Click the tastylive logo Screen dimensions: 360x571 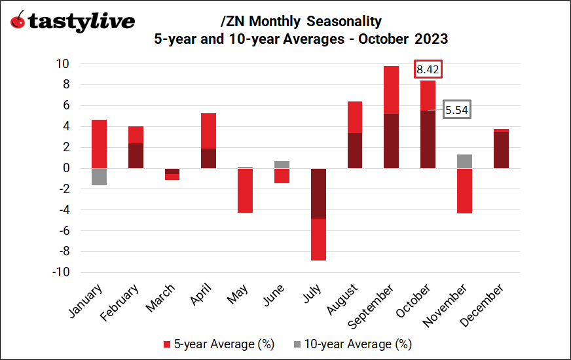tap(72, 21)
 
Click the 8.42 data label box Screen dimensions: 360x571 tap(430, 69)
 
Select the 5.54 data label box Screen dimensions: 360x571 tap(456, 110)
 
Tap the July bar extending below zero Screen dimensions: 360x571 tap(319, 214)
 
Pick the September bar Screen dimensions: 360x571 tap(391, 117)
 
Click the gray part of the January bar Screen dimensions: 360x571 tap(99, 177)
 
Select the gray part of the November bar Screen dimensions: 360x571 tap(464, 161)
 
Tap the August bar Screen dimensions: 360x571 tap(354, 135)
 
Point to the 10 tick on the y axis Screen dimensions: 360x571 tap(63, 64)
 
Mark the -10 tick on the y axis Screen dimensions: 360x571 tap(60, 273)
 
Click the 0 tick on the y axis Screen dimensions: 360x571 tap(66, 168)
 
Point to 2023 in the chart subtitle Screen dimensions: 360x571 tap(431, 39)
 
